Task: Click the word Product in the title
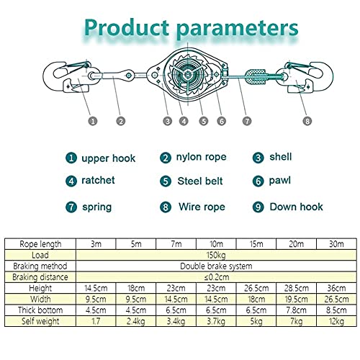(127, 27)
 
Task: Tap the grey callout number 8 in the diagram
(307, 121)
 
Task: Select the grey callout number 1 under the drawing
(93, 121)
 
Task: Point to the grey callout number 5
(204, 121)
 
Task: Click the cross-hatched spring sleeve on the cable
(256, 77)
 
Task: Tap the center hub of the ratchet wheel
(188, 75)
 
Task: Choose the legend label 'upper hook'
(109, 158)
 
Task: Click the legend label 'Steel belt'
(200, 181)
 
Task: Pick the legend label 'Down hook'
(296, 207)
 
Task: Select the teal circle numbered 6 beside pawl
(258, 181)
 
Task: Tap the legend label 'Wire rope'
(202, 207)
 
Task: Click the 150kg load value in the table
(216, 255)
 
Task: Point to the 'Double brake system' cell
(216, 266)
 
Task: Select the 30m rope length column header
(336, 244)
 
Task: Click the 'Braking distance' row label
(40, 277)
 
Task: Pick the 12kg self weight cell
(336, 321)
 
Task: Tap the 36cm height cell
(336, 288)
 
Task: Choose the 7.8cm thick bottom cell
(297, 310)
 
